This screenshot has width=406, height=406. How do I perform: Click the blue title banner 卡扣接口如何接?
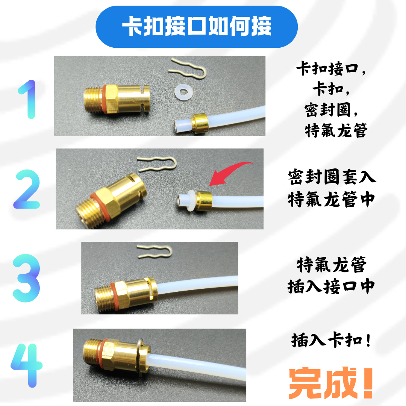pos(197,27)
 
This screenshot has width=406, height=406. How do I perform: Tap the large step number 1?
pos(26,99)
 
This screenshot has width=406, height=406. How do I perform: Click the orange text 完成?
pos(330,383)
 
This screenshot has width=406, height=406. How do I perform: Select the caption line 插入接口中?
pos(331,286)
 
